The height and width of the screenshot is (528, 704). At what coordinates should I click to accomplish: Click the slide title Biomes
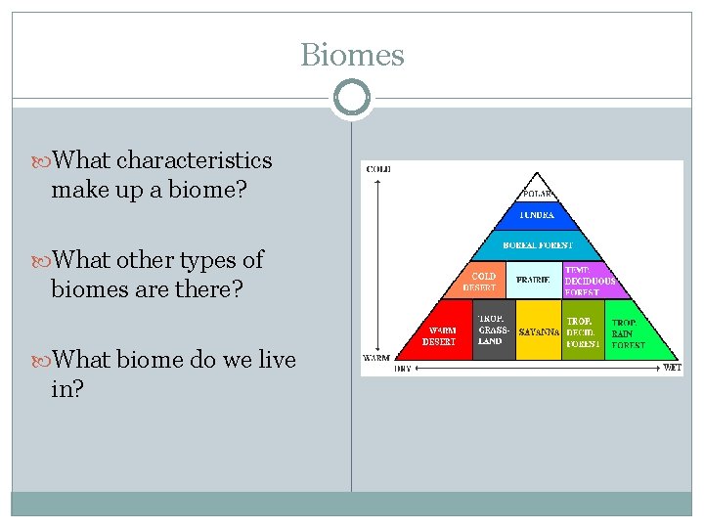click(352, 55)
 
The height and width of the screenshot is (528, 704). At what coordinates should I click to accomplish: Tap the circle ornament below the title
click(352, 99)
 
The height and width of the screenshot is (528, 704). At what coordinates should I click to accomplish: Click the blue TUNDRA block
click(538, 215)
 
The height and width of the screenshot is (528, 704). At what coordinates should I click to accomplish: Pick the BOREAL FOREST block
click(538, 244)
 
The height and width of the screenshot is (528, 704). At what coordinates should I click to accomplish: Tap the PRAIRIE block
click(533, 280)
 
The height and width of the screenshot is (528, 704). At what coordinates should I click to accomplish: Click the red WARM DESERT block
click(440, 335)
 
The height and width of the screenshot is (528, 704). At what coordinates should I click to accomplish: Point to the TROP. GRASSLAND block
click(493, 333)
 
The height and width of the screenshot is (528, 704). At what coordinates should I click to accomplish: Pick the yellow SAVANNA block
click(538, 333)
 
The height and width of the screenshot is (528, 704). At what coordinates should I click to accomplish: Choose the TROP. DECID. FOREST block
click(583, 333)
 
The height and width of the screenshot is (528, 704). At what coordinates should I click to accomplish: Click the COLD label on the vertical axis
click(378, 169)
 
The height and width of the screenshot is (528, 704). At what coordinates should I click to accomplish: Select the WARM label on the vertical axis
click(376, 358)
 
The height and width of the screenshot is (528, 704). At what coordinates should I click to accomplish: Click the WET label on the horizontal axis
click(672, 369)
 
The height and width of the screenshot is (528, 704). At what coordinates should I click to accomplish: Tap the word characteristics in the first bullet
click(194, 160)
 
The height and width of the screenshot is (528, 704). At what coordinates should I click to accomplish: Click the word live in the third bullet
click(275, 360)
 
